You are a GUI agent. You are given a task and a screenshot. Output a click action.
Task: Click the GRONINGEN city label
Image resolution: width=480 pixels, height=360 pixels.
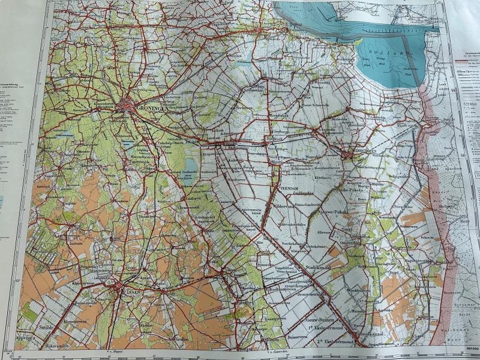point(151,109)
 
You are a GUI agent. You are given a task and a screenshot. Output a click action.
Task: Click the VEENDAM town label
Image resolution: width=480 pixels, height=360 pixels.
point(289,188)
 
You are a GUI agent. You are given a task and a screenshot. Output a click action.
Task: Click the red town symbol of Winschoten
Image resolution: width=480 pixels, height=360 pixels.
point(349,154)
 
